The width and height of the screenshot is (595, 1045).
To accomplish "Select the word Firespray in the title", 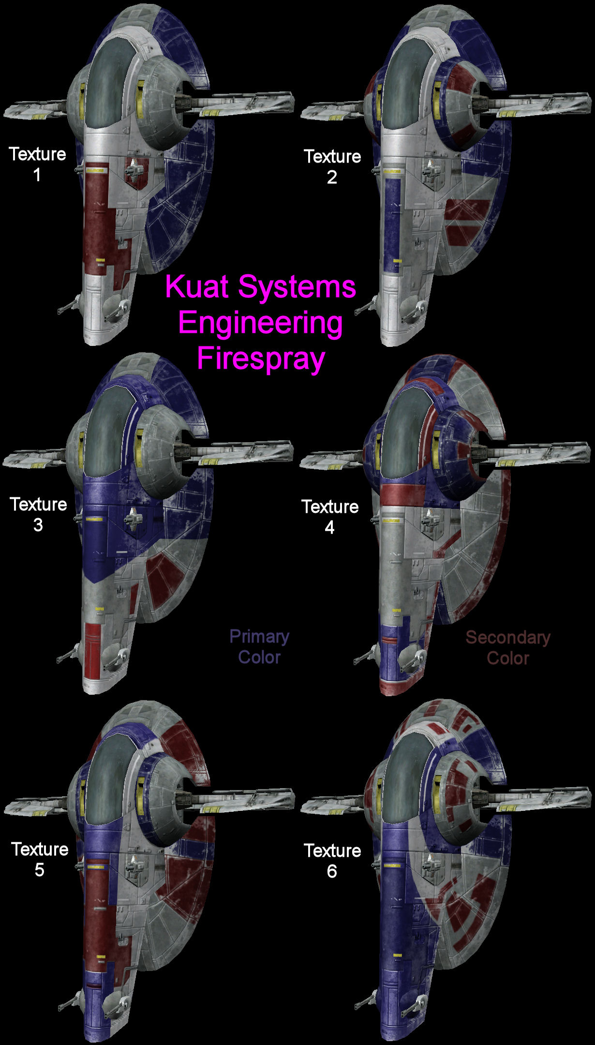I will pos(261,358).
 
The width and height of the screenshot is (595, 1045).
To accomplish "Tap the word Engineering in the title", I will pos(261,323).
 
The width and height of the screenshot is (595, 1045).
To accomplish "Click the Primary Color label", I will pos(259,647).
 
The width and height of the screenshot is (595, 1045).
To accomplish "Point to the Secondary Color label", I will pos(508,648).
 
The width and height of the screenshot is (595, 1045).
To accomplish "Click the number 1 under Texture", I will pos(37,175).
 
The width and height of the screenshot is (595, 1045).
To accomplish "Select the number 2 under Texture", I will pos(332,178).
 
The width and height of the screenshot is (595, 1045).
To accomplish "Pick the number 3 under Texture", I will pos(38,525).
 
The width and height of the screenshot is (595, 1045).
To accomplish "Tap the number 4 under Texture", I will pos(329,527).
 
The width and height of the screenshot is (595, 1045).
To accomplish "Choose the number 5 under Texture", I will pos(39,870).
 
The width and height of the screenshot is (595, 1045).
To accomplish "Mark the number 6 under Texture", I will pos(332,871).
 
